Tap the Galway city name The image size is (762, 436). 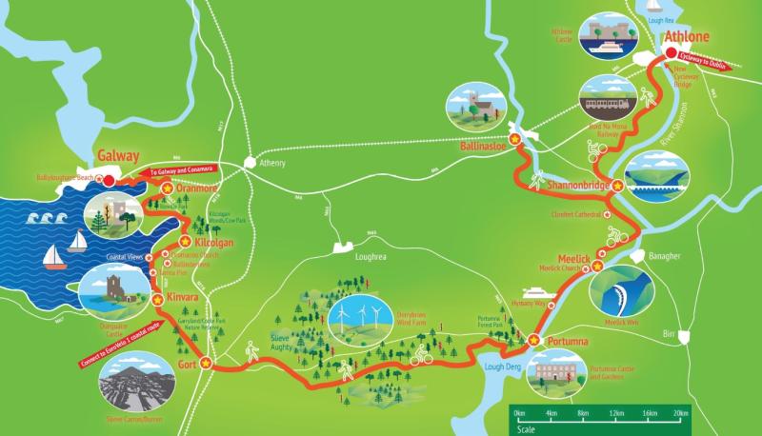pos(117,156)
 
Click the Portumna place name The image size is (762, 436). pos(568,341)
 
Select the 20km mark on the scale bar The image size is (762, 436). pos(679,414)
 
